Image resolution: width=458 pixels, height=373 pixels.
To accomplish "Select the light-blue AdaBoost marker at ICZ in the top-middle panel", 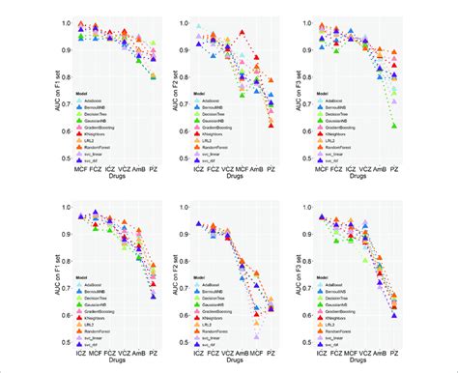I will pos(200,28).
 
